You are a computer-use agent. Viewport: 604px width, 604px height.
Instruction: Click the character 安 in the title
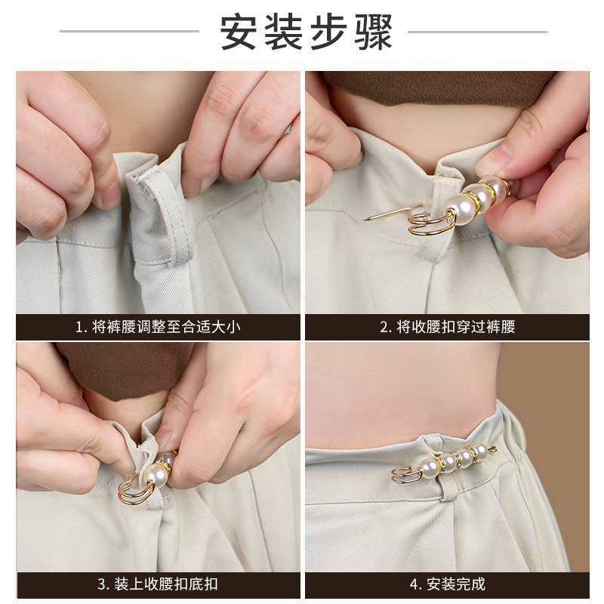[x=239, y=32]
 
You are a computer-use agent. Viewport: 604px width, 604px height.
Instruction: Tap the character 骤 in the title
[x=373, y=32]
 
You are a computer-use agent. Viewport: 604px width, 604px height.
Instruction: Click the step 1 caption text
[x=158, y=327]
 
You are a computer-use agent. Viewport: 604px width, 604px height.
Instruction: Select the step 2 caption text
[x=448, y=327]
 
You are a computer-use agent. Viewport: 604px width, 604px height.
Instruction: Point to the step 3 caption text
[x=158, y=584]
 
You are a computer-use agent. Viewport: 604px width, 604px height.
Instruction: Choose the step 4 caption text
[x=448, y=584]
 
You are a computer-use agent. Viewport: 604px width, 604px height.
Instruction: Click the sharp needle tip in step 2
[x=365, y=220]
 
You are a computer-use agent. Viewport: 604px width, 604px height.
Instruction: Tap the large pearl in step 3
[x=156, y=476]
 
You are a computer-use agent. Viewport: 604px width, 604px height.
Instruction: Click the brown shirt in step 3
[x=127, y=370]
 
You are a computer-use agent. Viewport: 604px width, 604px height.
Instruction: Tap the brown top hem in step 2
[x=436, y=89]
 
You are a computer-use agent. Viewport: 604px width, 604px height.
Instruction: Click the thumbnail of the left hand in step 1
[x=109, y=196]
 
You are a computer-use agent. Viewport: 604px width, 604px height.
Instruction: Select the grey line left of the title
[x=129, y=31]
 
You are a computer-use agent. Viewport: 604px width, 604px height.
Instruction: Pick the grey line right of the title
[x=477, y=32]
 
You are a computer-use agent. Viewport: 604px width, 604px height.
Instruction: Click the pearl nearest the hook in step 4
[x=431, y=469]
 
